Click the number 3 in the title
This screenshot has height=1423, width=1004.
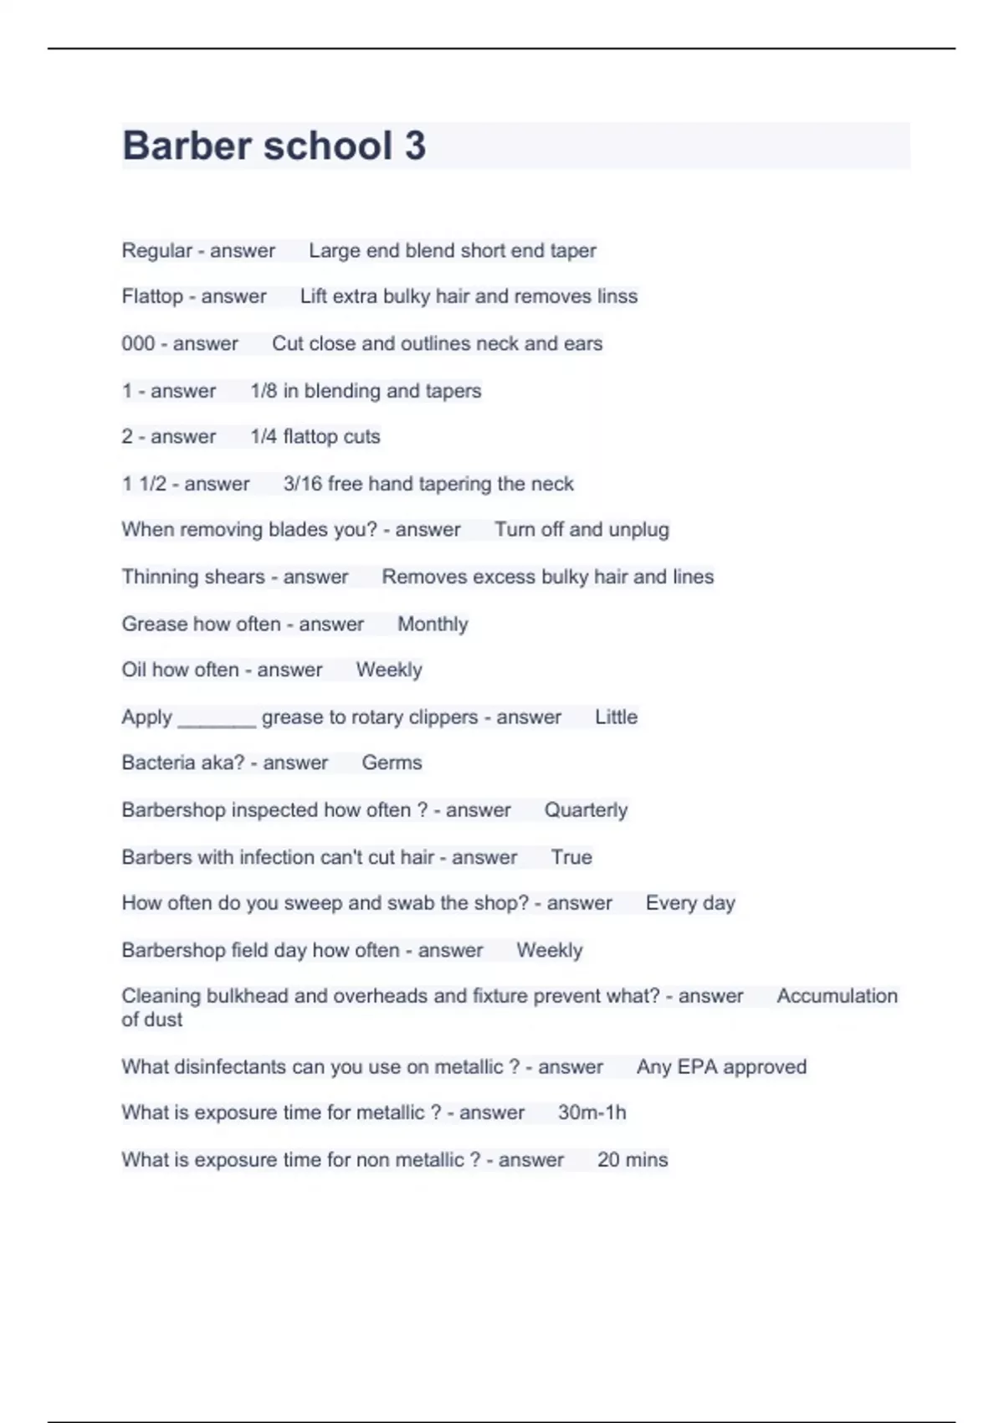415,146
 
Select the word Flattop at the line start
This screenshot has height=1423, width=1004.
151,296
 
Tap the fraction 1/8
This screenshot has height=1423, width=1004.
263,391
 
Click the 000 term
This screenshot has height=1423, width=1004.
138,344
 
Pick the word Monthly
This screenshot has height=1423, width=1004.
432,624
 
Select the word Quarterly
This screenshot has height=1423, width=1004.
586,810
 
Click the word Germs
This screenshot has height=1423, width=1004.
392,763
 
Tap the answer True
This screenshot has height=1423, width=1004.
571,857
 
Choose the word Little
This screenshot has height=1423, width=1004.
616,717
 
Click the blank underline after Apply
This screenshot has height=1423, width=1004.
217,722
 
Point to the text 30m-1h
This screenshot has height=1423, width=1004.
592,1112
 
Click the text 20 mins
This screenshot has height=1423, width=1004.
633,1160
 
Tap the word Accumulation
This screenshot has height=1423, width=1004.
837,996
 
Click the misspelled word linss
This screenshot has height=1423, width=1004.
617,296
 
